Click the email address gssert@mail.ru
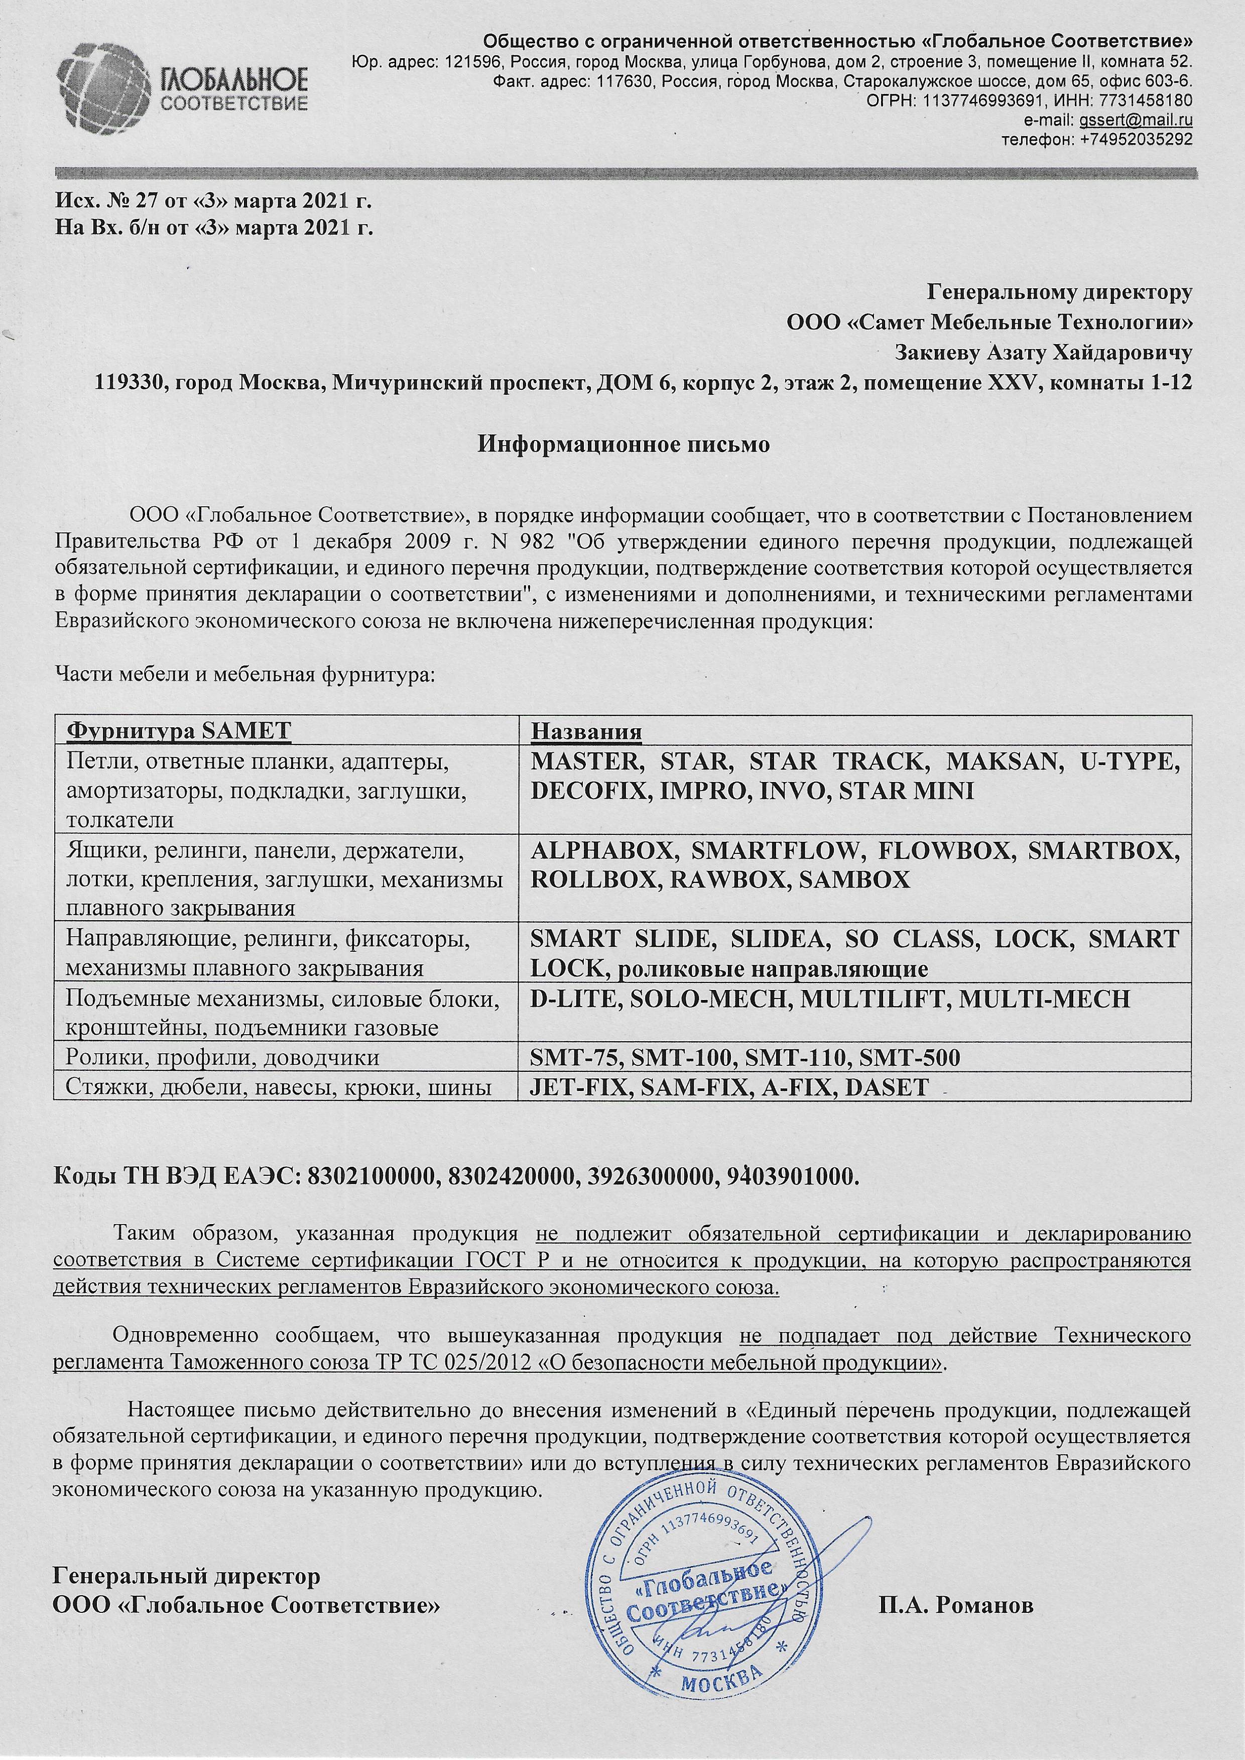point(1136,120)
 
